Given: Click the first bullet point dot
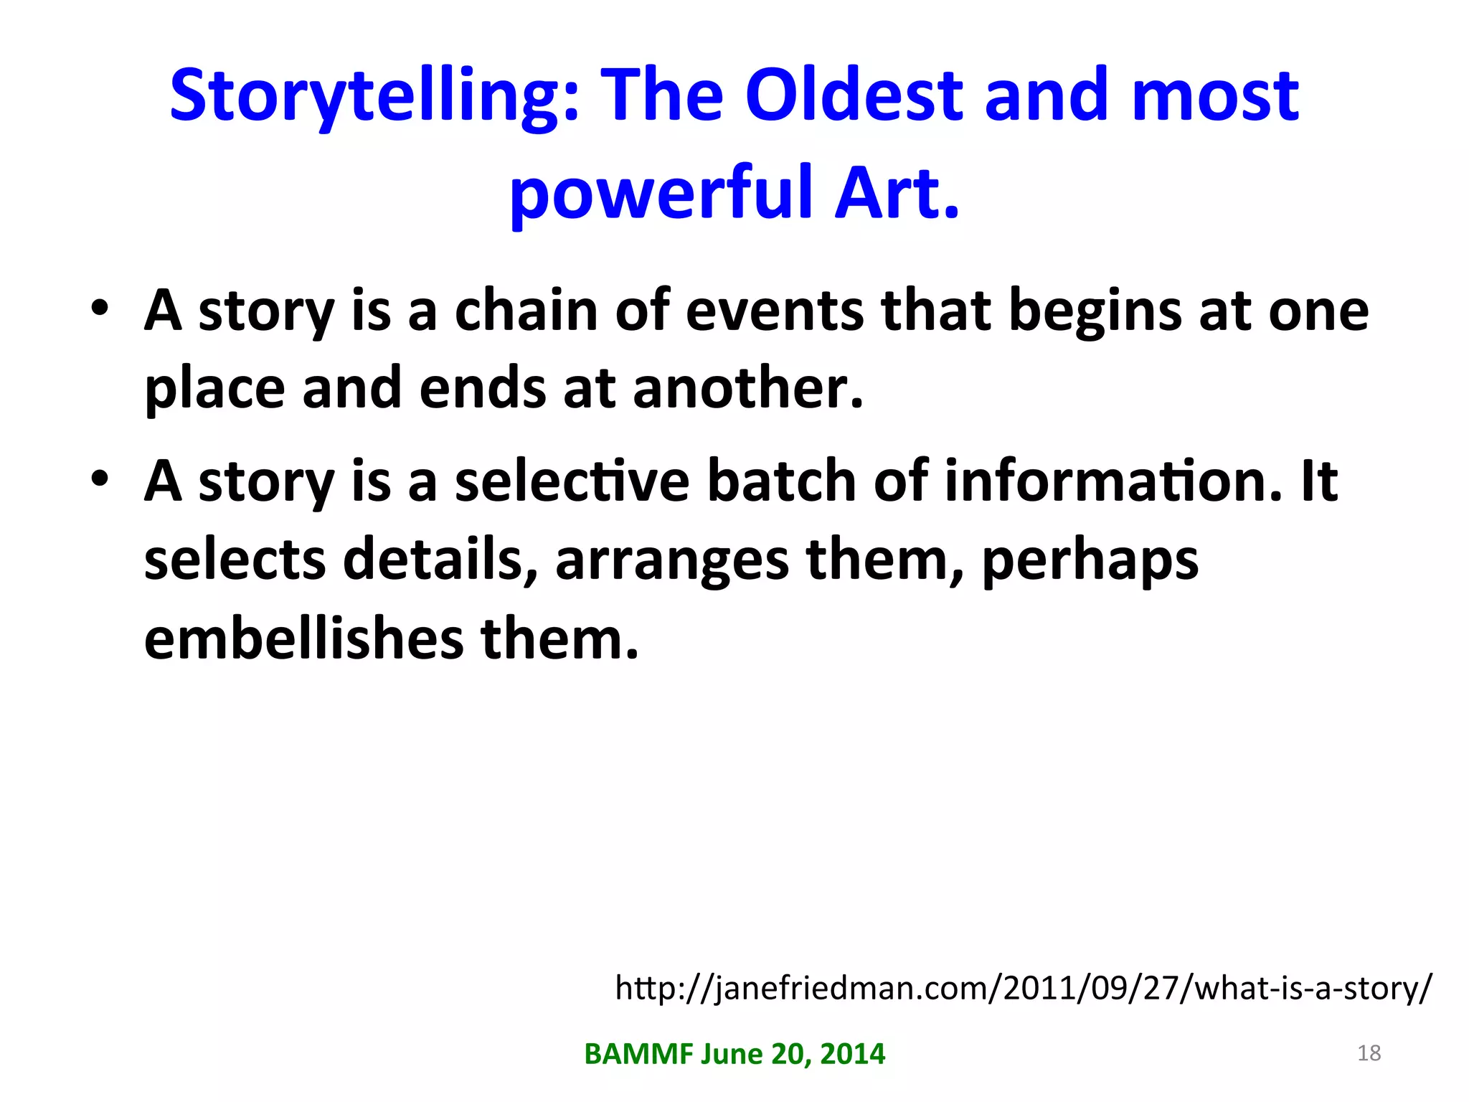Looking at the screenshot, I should coord(100,309).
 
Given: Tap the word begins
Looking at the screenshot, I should coord(1095,313).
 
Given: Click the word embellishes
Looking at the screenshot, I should coord(303,639).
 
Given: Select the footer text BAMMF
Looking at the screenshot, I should coord(638,1054).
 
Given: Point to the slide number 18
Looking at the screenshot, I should coord(1369,1052).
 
